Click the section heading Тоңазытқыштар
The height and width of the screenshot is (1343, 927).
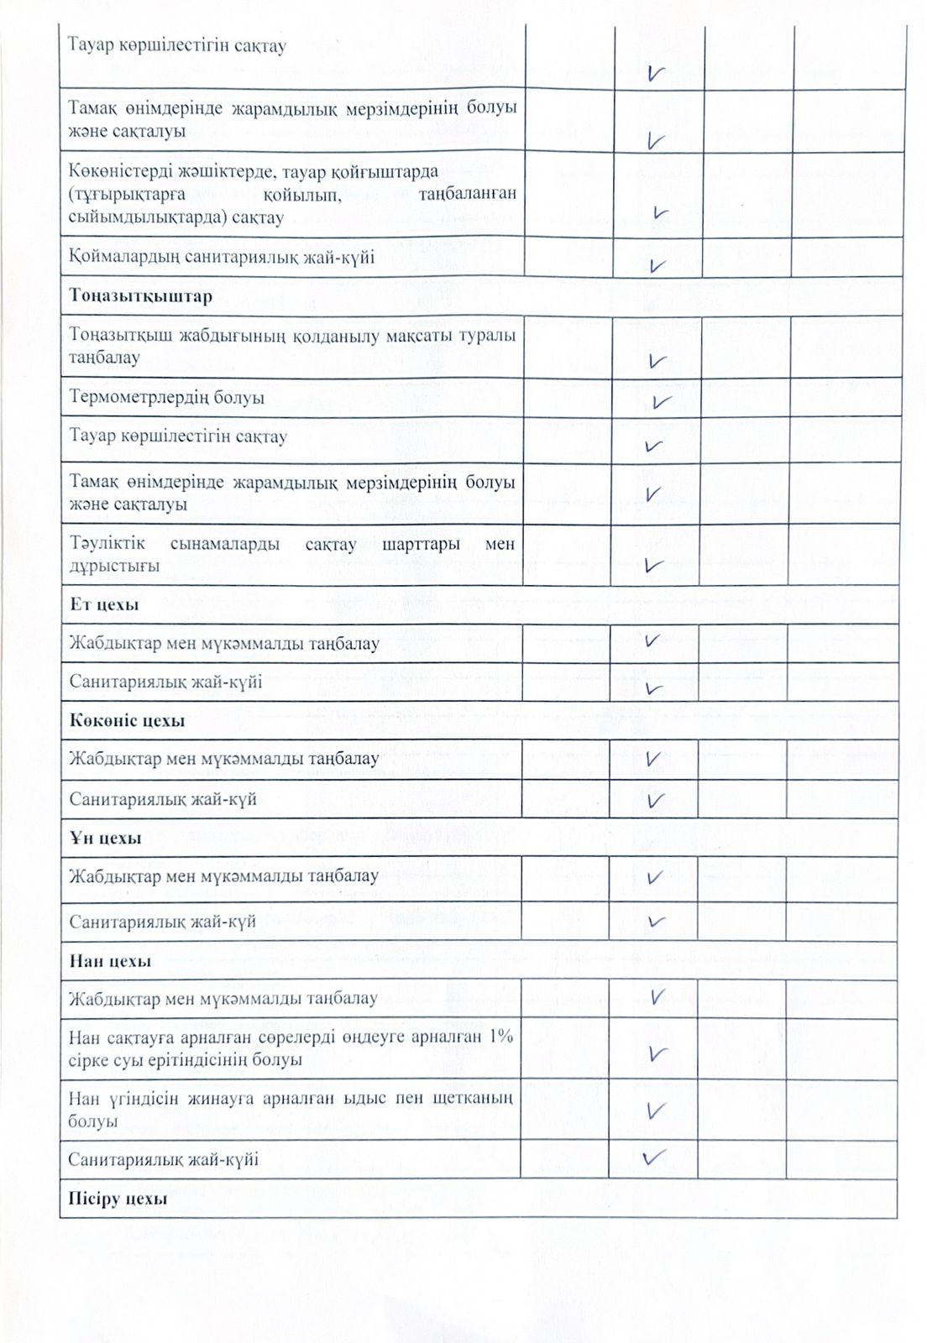140,296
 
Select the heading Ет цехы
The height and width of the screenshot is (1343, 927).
104,604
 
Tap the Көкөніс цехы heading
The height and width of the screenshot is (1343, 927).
127,721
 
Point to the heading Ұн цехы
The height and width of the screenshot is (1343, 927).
105,838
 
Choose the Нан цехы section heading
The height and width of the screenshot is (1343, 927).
110,961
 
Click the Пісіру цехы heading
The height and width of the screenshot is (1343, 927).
118,1199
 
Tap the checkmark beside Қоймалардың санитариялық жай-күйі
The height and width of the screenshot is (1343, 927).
657,266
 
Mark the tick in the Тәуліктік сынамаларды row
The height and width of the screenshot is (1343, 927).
655,566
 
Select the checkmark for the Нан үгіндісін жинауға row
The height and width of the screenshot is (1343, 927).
657,1111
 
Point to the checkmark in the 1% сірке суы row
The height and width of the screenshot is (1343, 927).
658,1053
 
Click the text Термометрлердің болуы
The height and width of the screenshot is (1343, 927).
166,397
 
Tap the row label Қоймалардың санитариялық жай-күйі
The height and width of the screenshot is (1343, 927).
222,257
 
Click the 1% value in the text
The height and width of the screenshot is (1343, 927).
500,1036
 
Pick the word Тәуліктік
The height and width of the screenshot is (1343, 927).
107,543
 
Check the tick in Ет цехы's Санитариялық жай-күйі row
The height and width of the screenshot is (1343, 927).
655,689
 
